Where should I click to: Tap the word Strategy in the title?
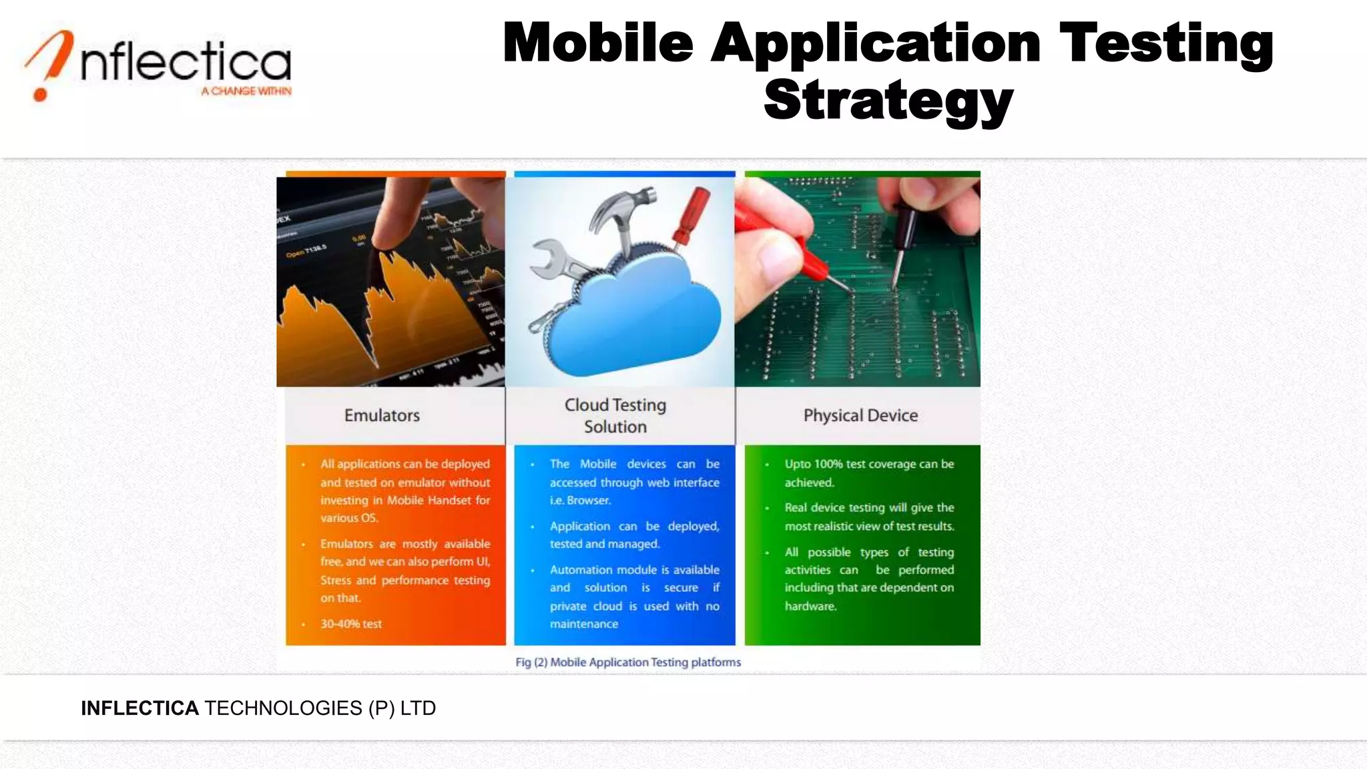(888, 100)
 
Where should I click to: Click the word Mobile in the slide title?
(598, 43)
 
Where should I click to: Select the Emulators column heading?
(382, 415)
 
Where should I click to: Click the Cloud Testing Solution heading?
(615, 415)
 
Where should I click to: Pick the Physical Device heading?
(860, 415)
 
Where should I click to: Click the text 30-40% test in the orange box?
(351, 624)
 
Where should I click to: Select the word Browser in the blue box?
(589, 500)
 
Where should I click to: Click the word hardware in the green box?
(810, 606)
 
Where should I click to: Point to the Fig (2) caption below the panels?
(627, 662)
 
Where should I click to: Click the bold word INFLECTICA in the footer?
(140, 708)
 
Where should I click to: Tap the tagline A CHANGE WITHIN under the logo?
(246, 91)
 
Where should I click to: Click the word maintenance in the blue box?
(584, 624)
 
